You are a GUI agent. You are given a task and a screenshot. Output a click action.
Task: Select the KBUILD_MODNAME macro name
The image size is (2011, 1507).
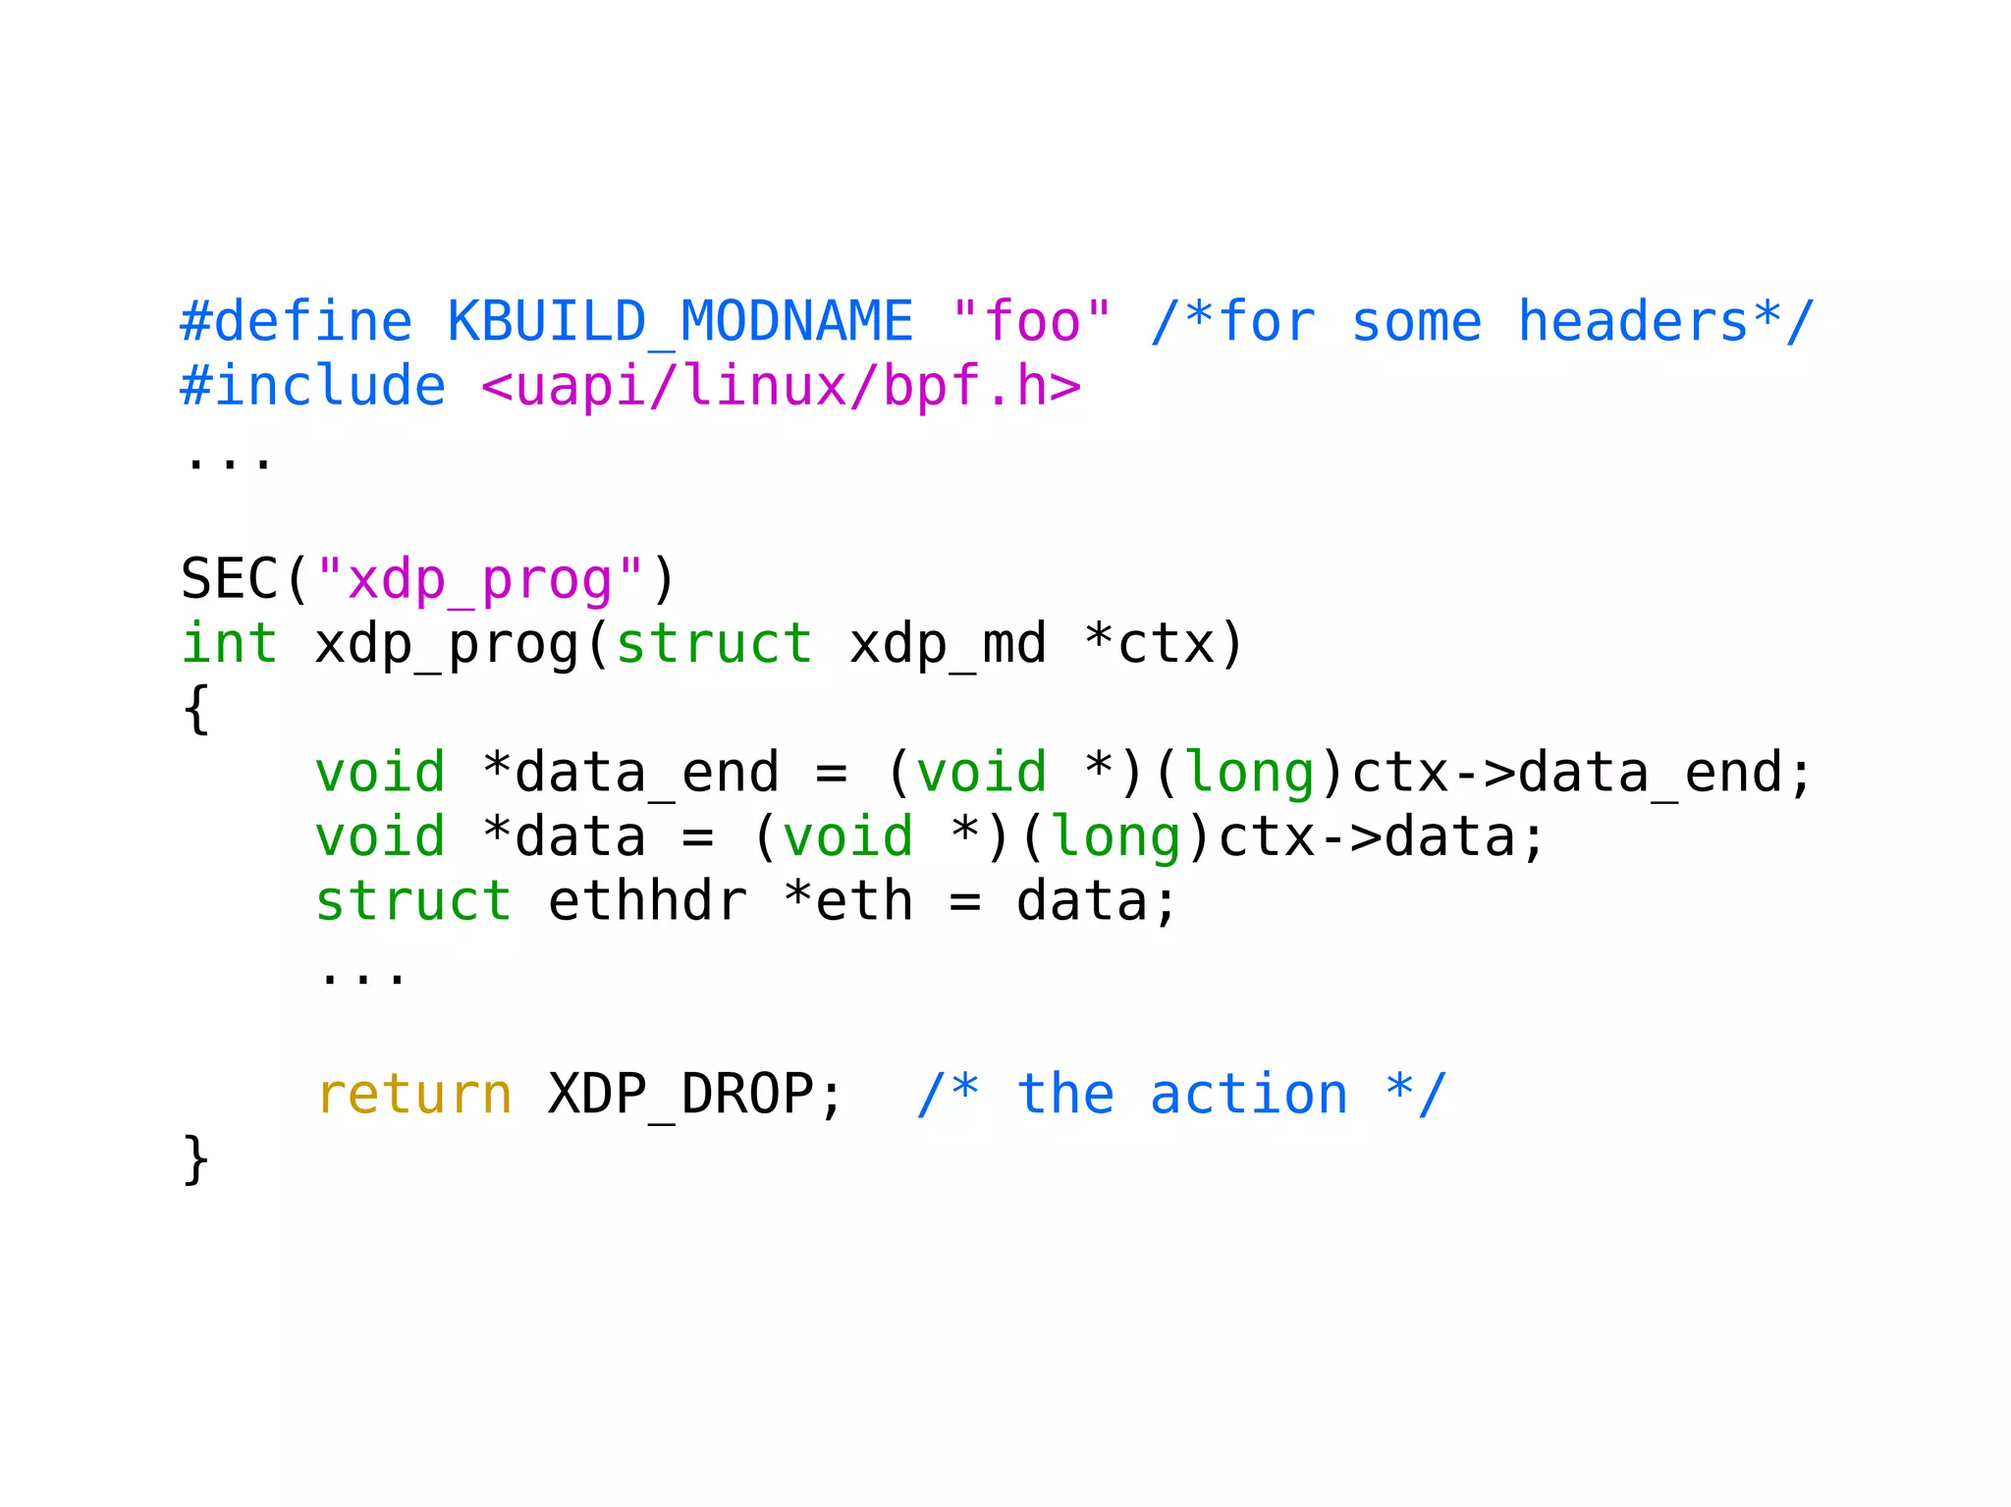pos(679,322)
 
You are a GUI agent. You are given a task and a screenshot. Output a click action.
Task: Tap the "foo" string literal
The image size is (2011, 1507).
pos(1031,322)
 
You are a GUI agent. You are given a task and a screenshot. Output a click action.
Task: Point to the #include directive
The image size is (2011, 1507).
pos(313,386)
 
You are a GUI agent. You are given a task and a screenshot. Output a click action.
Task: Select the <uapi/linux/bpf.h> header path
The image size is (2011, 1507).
pos(782,386)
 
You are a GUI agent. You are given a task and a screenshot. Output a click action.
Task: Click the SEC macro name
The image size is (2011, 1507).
pos(230,578)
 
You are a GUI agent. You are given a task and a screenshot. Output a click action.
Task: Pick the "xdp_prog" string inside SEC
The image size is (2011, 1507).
pos(480,579)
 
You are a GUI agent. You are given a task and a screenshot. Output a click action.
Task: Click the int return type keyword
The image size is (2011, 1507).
pos(230,643)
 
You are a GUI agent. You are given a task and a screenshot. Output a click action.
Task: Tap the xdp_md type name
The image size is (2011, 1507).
pos(948,644)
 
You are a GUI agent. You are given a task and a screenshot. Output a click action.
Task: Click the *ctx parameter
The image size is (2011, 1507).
pos(1150,644)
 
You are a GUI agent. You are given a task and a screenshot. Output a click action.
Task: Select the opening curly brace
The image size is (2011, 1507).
pos(196,708)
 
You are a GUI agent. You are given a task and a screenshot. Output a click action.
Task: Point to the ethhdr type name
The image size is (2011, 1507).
pos(647,901)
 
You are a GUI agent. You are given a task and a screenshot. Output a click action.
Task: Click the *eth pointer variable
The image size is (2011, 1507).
pos(848,901)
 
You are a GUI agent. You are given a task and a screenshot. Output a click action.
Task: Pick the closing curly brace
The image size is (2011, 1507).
pos(196,1158)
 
